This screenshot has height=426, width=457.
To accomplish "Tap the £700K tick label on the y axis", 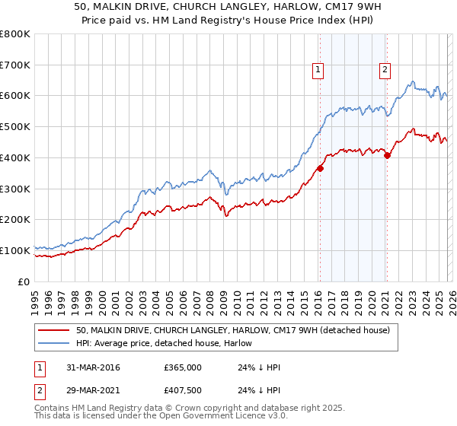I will tap(15, 65).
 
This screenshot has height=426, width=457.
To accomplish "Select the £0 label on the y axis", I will tap(24, 281).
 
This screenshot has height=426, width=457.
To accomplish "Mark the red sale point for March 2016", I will tap(320, 169).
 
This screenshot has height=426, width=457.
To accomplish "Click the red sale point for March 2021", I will tap(387, 155).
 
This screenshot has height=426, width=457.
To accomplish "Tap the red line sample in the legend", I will tap(53, 330).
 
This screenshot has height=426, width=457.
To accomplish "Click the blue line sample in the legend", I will tap(53, 343).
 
